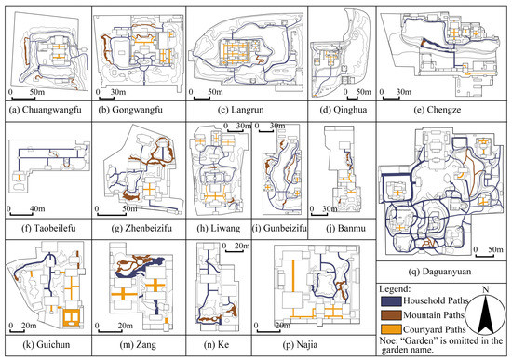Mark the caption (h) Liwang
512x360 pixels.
tap(217, 223)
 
